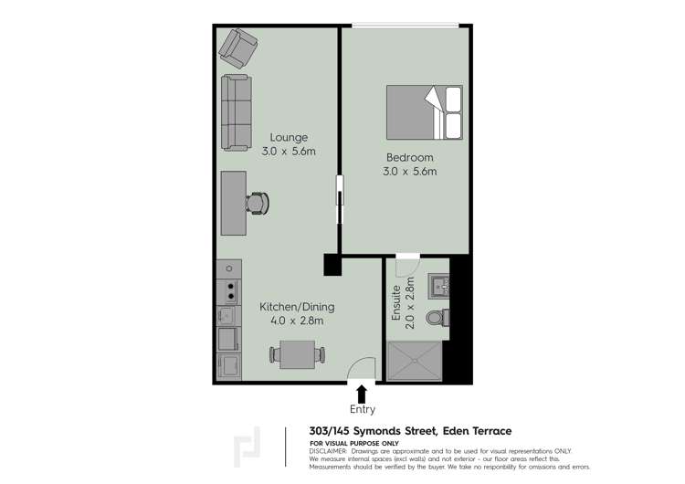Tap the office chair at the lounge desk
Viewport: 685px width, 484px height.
(258, 203)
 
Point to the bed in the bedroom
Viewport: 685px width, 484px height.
(424, 112)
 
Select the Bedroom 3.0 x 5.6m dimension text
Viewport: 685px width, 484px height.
(409, 171)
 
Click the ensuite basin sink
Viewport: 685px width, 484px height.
(440, 286)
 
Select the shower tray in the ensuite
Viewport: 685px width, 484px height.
(416, 363)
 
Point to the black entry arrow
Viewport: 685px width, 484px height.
(362, 394)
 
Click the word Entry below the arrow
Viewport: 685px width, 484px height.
(362, 409)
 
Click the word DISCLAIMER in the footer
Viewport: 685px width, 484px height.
(329, 451)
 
